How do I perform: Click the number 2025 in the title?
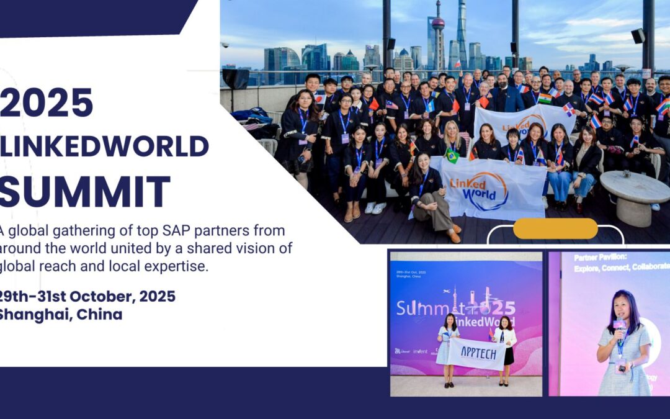pos(47,102)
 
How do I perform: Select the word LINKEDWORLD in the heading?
pos(104,146)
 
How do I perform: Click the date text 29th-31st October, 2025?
pos(87,296)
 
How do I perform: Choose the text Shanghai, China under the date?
pos(60,314)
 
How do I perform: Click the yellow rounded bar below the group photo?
pos(555,228)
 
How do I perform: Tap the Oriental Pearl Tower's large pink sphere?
pos(439,24)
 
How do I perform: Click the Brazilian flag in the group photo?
pos(452,155)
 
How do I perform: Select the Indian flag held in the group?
pos(544,98)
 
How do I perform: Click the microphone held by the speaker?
pos(619,325)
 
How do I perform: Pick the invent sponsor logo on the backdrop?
pos(419,351)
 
